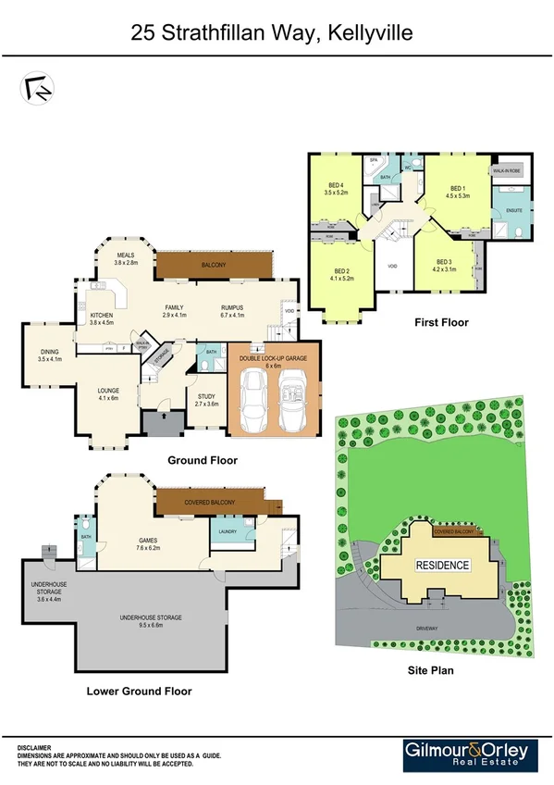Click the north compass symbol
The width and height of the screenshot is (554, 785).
click(x=35, y=87)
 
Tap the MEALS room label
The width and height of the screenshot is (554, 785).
click(x=126, y=258)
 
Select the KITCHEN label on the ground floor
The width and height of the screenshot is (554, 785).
click(x=102, y=318)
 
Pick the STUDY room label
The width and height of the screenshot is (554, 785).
click(x=205, y=399)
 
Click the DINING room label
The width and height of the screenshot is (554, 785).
click(x=50, y=354)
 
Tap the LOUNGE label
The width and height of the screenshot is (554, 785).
click(x=109, y=393)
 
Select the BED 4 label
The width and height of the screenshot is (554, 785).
click(x=336, y=188)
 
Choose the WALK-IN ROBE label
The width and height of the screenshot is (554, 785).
click(x=508, y=171)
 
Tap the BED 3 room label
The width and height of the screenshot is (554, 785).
click(x=444, y=265)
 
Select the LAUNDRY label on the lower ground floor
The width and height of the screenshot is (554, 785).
click(x=228, y=531)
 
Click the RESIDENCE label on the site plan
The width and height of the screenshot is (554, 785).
click(x=441, y=566)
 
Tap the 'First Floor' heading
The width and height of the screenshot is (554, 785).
click(x=441, y=323)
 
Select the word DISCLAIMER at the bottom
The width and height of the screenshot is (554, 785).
click(x=34, y=746)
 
